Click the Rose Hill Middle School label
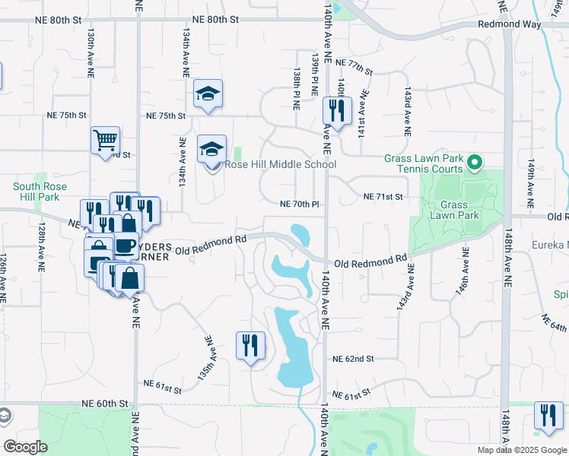coord(278,164)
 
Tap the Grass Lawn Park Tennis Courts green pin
coord(475,163)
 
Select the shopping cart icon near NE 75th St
coord(105,140)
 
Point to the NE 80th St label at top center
coord(215,19)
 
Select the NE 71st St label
coord(382,197)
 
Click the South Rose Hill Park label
coord(40,192)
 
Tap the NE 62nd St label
coord(353,358)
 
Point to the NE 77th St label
coord(354,66)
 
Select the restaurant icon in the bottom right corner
coord(548,416)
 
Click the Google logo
coord(24,447)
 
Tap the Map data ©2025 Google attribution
coord(521,450)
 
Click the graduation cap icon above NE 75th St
coord(208,94)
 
